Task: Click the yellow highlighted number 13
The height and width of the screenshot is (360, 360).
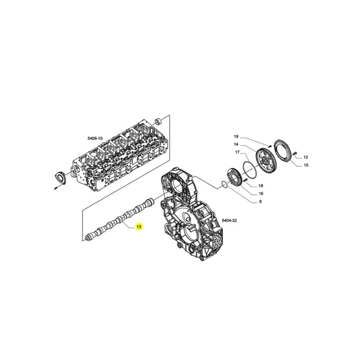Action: tap(139, 226)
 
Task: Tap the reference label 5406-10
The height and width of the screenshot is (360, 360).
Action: tap(95, 138)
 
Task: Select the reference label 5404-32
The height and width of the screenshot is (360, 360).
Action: tap(229, 220)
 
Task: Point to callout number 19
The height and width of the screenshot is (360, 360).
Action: tap(236, 136)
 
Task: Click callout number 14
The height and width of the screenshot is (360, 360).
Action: tap(236, 144)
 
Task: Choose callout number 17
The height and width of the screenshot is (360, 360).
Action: tap(237, 152)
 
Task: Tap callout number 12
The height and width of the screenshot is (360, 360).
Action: tap(306, 157)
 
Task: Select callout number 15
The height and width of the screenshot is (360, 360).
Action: tap(306, 165)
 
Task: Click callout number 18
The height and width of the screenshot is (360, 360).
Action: tap(261, 186)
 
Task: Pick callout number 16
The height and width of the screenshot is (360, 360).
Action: tap(261, 194)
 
